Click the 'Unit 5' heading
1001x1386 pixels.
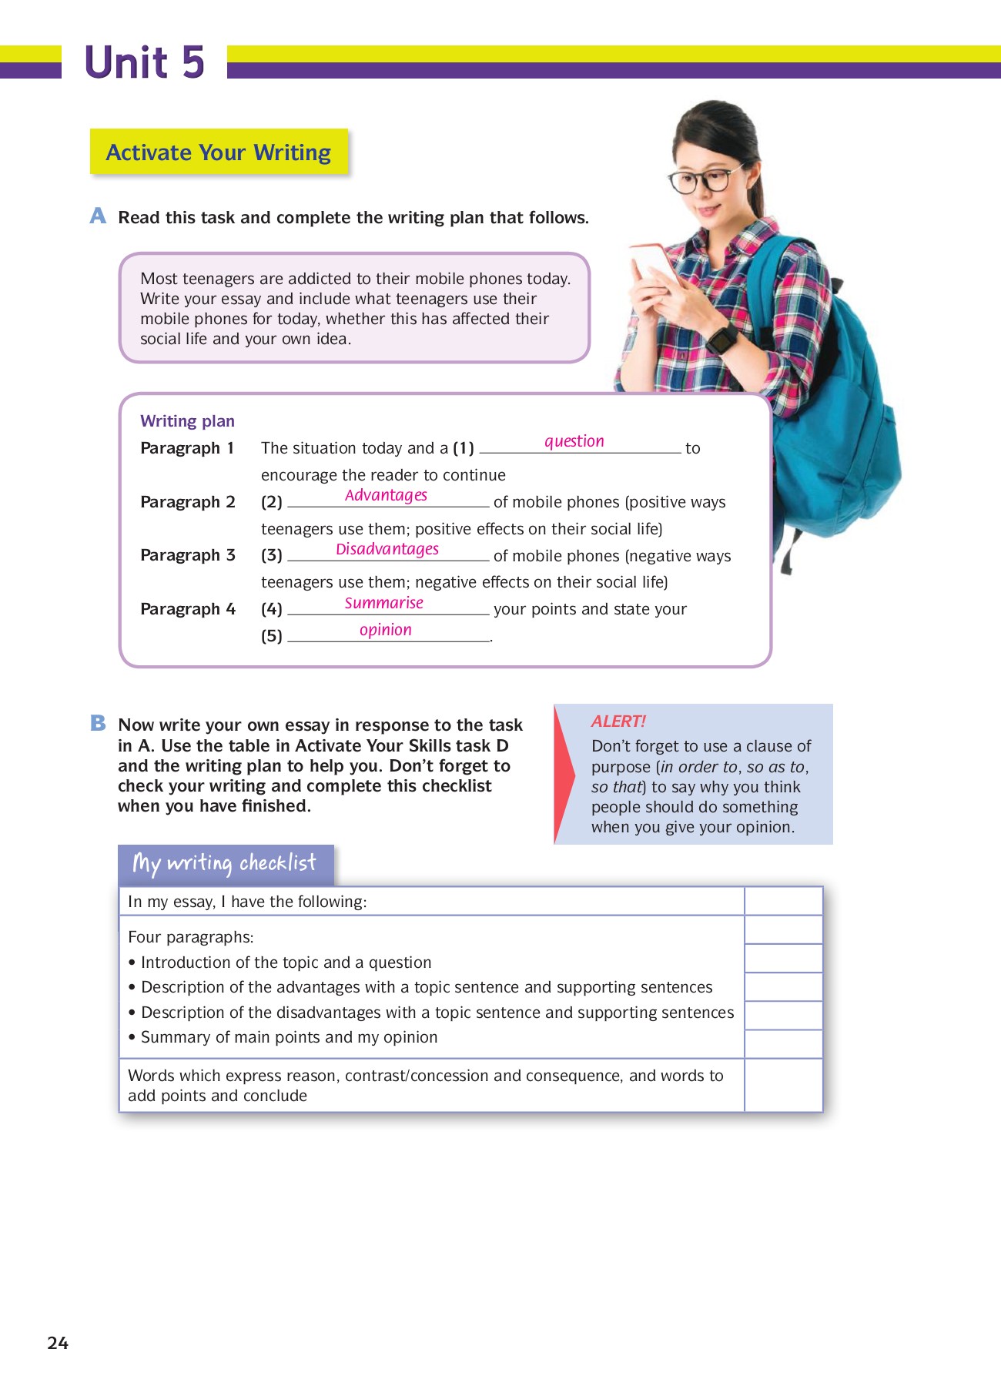[x=144, y=62]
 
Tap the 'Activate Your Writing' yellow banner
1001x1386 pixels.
[x=219, y=152]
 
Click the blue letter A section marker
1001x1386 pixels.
[x=98, y=216]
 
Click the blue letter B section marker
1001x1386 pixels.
[x=98, y=723]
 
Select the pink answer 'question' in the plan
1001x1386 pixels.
[x=574, y=441]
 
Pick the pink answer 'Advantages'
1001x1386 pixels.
[x=386, y=495]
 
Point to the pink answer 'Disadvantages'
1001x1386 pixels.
[x=387, y=549]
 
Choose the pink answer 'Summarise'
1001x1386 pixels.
[x=383, y=603]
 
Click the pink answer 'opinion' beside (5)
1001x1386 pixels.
[x=385, y=630]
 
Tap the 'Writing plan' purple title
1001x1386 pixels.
[x=187, y=421]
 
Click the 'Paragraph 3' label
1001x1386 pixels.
[x=187, y=555]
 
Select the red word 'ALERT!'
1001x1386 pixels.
[x=618, y=721]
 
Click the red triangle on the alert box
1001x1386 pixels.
[x=564, y=774]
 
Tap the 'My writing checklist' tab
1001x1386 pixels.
[x=225, y=864]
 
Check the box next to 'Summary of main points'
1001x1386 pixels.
[x=783, y=1044]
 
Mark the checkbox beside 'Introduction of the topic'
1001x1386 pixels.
[x=783, y=959]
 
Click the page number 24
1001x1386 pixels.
[x=58, y=1343]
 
